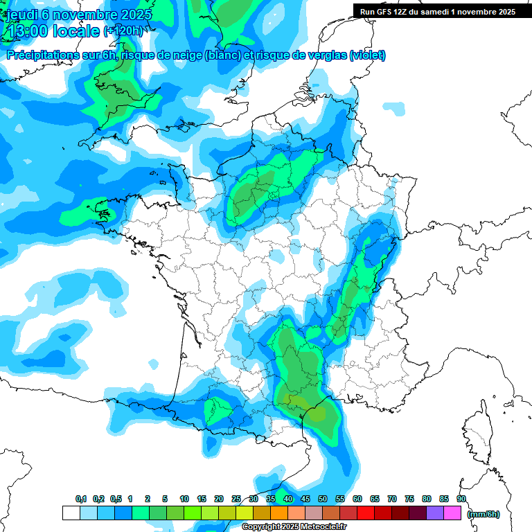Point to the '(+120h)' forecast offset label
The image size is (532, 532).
(123, 31)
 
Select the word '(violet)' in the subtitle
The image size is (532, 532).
(367, 55)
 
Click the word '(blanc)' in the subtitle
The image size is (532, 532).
(223, 55)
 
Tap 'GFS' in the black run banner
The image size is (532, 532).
(388, 12)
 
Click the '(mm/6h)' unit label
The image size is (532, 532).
(483, 514)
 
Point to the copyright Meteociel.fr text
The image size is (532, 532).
(294, 527)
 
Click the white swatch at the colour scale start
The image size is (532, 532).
(71, 513)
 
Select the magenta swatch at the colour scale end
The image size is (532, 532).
(452, 513)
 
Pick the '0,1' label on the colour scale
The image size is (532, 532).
(80, 499)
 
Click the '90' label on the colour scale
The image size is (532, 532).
(461, 499)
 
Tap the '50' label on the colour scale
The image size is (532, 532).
(323, 499)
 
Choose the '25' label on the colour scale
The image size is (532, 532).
(236, 499)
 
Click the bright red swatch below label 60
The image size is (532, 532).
(366, 513)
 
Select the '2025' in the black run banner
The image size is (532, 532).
(504, 12)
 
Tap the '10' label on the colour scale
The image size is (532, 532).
(184, 499)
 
